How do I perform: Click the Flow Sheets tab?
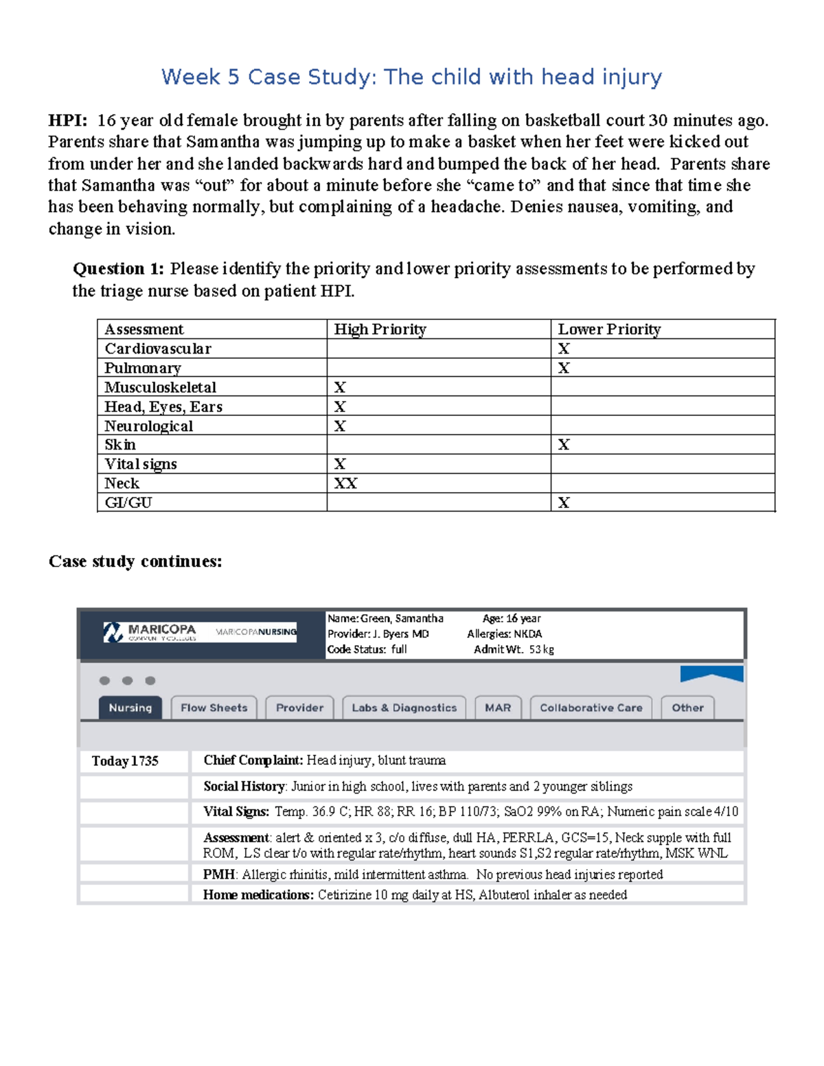pos(214,708)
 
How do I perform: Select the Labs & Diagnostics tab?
pos(404,708)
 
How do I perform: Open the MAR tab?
pos(498,708)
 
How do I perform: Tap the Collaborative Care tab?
pos(591,708)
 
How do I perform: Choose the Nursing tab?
pos(130,708)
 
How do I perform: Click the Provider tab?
pos(299,708)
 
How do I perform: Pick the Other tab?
pos(687,708)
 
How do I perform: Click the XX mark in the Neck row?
pos(345,483)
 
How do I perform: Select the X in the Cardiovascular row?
pos(564,349)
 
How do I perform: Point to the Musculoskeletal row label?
pos(160,387)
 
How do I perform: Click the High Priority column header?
pos(380,329)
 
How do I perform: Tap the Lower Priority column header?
pos(609,329)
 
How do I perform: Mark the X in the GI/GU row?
pos(564,502)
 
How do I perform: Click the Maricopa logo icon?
pos(113,632)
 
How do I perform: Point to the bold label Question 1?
pos(118,268)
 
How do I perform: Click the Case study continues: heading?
pos(135,561)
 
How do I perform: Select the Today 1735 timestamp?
pos(125,761)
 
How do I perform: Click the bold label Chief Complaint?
pos(253,760)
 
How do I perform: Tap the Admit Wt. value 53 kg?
pos(541,649)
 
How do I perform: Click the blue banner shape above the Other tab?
pos(711,673)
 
